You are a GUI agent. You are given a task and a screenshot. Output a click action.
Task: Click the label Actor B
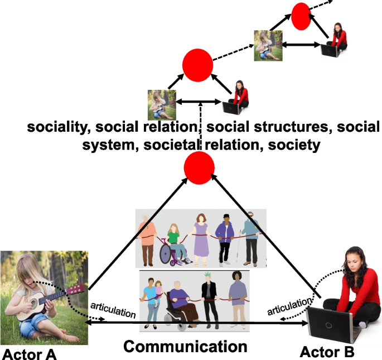tap(326, 352)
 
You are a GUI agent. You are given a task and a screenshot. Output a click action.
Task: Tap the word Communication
tap(185, 347)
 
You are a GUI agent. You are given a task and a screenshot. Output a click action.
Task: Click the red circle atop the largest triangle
tap(199, 166)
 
